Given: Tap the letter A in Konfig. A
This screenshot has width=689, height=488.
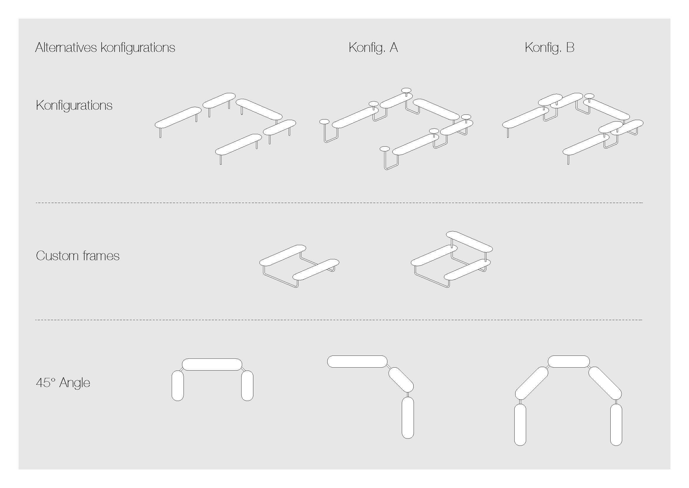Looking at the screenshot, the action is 394,48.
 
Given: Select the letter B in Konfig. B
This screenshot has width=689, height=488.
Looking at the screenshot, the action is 570,48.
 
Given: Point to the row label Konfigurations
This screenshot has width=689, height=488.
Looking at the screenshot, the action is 74,105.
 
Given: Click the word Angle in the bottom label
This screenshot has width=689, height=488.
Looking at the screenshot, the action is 75,383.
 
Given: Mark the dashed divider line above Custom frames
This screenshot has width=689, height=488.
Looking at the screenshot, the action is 339,203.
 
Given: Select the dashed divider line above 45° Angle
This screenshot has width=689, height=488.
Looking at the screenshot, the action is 339,320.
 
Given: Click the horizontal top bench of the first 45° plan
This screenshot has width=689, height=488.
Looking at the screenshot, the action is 212,364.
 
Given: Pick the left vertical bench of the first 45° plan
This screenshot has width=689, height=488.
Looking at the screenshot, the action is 178,386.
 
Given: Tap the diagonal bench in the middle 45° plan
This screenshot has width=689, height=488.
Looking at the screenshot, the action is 401,380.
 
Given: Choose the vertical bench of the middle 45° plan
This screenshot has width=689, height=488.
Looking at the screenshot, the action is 408,418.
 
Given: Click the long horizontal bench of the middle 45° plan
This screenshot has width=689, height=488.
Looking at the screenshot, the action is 357,361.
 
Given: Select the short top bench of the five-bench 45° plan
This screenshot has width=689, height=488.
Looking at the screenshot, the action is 569,361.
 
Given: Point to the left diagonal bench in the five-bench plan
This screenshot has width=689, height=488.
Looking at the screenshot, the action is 532,384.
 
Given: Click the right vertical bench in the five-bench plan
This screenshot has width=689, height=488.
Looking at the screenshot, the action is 616,425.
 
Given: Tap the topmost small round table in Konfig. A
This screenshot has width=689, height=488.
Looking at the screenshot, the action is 406,90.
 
